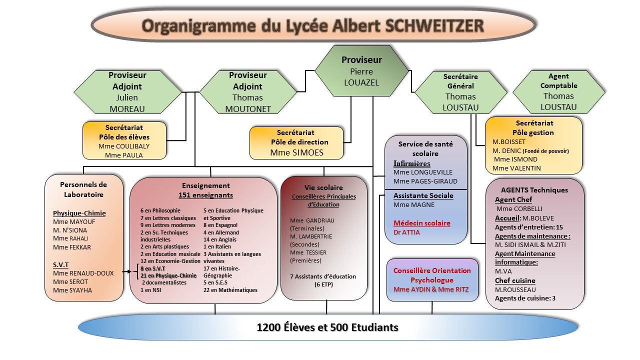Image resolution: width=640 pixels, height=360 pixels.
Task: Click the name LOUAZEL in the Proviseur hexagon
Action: [361, 82]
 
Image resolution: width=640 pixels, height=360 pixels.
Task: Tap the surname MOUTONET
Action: [247, 109]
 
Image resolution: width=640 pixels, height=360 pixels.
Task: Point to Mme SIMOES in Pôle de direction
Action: [296, 152]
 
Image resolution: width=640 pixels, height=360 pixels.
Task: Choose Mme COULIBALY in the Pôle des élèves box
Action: [123, 146]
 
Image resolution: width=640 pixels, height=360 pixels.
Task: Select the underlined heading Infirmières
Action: [411, 163]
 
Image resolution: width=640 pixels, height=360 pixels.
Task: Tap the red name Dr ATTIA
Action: [406, 232]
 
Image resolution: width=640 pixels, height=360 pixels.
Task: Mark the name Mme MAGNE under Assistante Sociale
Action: [413, 204]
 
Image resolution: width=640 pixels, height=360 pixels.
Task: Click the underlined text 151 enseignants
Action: [205, 195]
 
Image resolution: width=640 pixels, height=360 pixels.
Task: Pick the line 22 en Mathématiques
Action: [230, 290]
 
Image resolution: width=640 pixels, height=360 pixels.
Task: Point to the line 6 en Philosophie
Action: [160, 210]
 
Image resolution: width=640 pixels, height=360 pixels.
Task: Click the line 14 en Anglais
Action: [220, 239]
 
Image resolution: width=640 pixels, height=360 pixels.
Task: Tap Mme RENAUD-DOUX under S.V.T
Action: [83, 273]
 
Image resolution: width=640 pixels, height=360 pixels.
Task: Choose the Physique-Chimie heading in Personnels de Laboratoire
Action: [79, 213]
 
